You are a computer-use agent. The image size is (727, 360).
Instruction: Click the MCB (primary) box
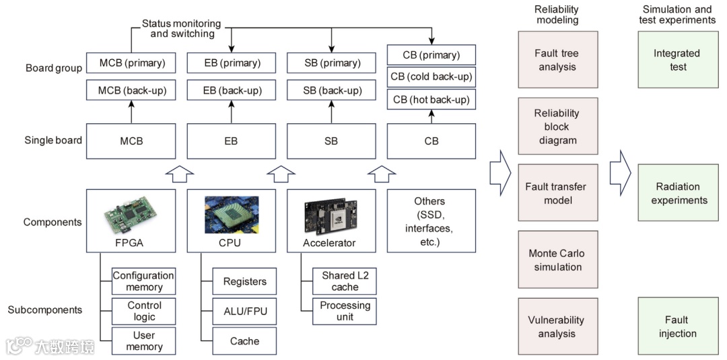click(131, 63)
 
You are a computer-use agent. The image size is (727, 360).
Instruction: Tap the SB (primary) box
click(331, 63)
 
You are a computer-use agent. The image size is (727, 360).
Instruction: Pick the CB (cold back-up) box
click(431, 77)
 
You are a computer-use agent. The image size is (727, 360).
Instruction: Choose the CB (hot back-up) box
click(431, 100)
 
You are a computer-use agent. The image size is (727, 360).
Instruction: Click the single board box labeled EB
click(230, 141)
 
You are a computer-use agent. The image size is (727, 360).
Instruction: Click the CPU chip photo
click(231, 214)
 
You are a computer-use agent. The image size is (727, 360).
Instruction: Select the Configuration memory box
click(143, 281)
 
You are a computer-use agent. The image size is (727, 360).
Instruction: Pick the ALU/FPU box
click(244, 312)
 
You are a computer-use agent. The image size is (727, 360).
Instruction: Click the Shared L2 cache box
click(345, 281)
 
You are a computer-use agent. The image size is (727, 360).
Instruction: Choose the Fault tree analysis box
click(557, 60)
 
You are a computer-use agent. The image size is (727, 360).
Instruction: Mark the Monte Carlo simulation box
click(557, 260)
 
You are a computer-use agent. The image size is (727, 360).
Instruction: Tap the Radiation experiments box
click(677, 193)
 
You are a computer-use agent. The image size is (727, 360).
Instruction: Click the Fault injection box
click(677, 326)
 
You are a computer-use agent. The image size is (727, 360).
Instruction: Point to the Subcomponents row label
click(45, 310)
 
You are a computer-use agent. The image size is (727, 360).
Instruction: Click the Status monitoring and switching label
click(182, 28)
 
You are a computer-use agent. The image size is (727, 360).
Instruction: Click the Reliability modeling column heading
click(557, 14)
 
